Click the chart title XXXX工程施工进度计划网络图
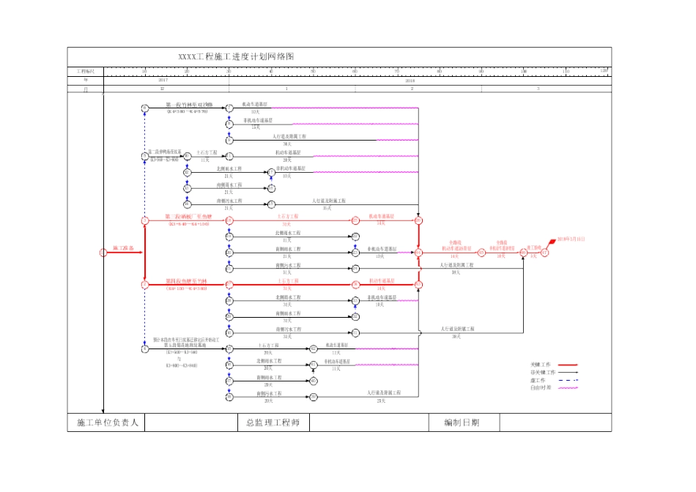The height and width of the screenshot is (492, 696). (237, 57)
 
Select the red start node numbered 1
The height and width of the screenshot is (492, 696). (103, 253)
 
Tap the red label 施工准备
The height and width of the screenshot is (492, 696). (124, 249)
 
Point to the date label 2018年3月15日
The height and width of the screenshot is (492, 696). (571, 239)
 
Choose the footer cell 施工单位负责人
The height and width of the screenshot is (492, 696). (108, 422)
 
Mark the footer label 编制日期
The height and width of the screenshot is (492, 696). (462, 422)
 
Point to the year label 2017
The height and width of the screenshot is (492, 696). (163, 80)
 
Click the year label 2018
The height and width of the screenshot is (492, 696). (410, 80)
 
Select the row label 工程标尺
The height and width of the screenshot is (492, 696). (86, 71)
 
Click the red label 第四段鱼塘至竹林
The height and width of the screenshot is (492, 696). (187, 281)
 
